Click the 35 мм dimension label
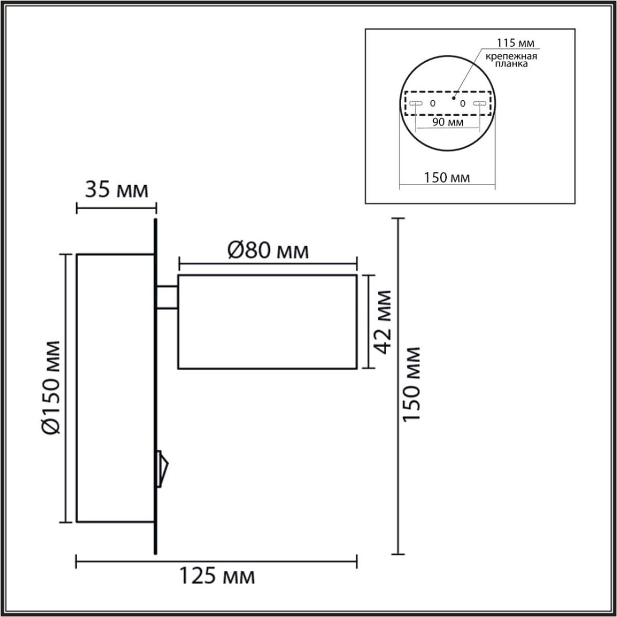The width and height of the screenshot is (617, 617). click(116, 190)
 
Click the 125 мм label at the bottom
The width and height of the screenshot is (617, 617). click(216, 576)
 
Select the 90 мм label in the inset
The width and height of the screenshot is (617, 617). click(447, 122)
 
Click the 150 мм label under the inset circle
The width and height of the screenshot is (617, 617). click(447, 178)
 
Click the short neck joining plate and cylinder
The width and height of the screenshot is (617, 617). click(167, 297)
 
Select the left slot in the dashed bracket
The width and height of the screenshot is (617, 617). click(416, 103)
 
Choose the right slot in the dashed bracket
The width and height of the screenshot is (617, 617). click(479, 103)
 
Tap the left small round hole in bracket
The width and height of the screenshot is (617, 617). click(432, 103)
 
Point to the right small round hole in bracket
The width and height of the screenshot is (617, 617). click(462, 103)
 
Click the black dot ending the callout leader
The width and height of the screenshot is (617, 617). click(453, 96)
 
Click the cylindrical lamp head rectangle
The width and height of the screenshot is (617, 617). click(267, 322)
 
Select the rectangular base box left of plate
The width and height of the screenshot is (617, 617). click(115, 388)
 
